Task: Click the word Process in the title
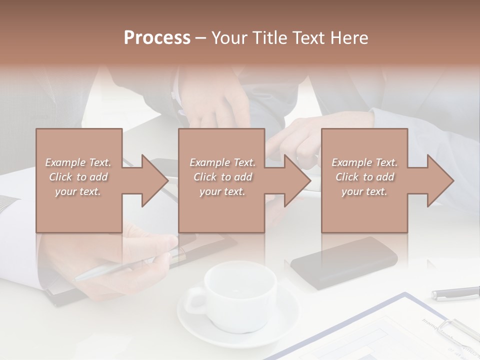157,38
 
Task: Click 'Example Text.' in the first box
78,162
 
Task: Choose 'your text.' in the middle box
222,191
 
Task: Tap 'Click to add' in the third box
364,177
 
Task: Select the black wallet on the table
345,262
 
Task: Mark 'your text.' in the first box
78,191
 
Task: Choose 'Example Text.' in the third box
364,162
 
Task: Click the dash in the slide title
201,38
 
